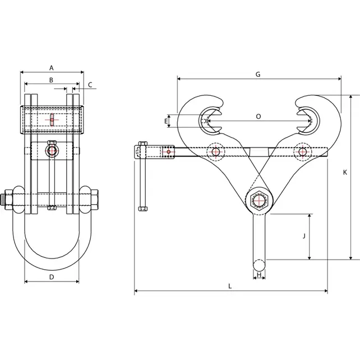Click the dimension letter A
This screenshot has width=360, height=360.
51,67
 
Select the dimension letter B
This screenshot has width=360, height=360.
51,81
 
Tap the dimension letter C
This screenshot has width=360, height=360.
91,85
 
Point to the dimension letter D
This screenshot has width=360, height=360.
51,276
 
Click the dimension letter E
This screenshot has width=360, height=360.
167,121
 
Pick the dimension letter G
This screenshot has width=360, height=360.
257,74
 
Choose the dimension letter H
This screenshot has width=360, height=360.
259,275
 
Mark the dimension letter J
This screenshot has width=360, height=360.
303,236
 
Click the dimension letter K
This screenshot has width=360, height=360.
345,173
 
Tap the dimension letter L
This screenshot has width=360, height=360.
230,285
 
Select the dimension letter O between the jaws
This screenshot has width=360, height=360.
258,117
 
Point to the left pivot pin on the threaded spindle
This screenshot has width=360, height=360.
215,151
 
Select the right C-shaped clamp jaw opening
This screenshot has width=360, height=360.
307,119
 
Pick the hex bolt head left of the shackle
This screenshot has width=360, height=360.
8,200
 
